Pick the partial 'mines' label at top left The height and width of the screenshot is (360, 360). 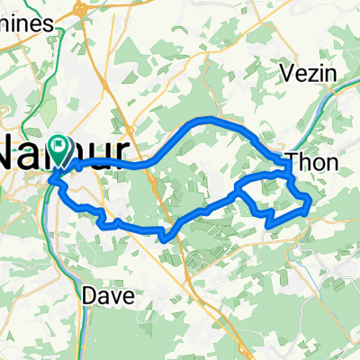(x=29, y=27)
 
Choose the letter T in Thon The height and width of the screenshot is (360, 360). (x=294, y=163)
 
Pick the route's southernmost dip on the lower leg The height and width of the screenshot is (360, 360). (x=165, y=238)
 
